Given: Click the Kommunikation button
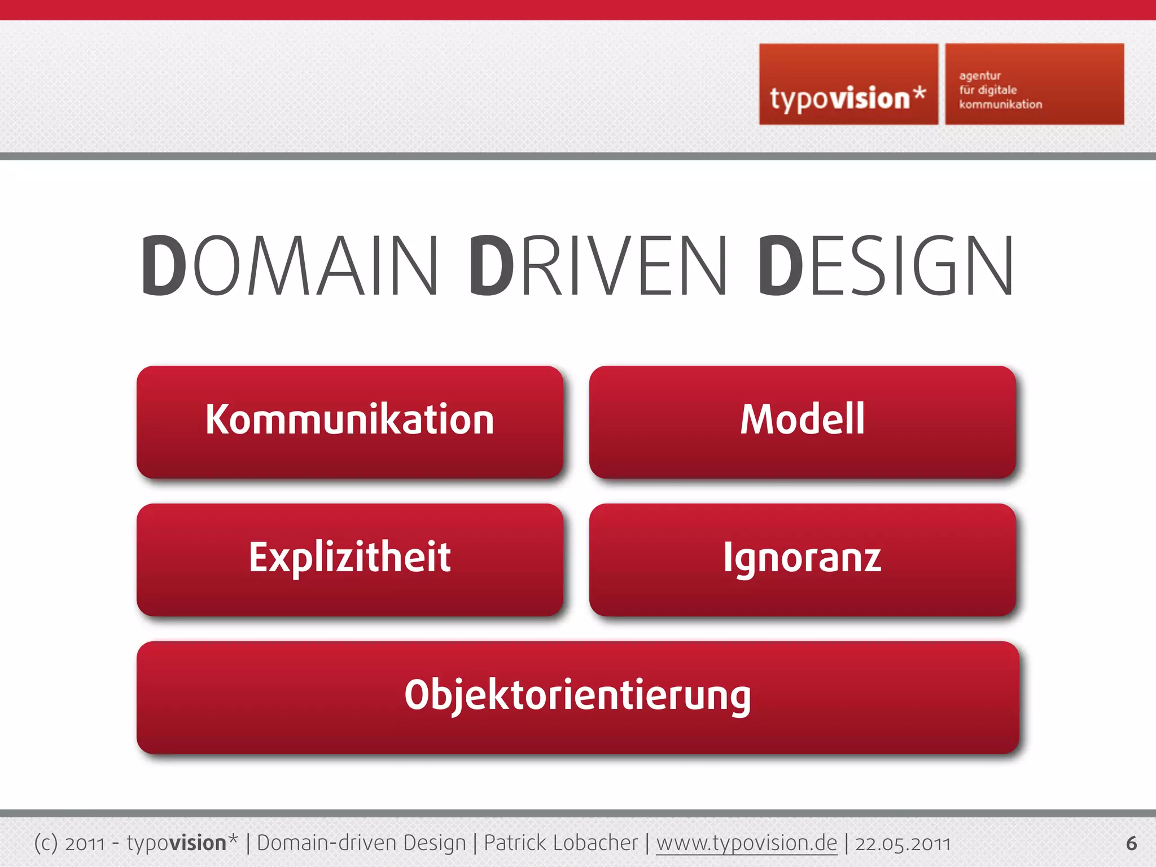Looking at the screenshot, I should click(x=350, y=421).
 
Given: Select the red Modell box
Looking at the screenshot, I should click(x=802, y=421).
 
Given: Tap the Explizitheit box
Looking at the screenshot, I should click(x=350, y=559).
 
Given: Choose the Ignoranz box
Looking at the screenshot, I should click(x=802, y=559).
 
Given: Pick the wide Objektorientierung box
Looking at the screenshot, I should click(x=577, y=697).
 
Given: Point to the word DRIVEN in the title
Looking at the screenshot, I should click(x=598, y=265).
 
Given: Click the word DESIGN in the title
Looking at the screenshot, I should click(x=886, y=265).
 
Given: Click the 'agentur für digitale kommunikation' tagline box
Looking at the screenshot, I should click(x=1034, y=85).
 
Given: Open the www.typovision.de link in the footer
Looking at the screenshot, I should click(x=746, y=843).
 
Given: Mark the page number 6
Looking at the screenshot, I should click(x=1131, y=843).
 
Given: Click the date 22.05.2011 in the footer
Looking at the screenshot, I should click(x=903, y=843).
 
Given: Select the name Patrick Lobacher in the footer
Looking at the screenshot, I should click(x=561, y=843).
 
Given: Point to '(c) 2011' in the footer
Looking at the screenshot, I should click(x=69, y=843).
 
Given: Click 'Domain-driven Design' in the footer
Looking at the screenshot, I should click(x=361, y=843).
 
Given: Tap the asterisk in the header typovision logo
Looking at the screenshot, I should click(x=919, y=94).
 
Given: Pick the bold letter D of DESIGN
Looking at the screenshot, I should click(x=780, y=265).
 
